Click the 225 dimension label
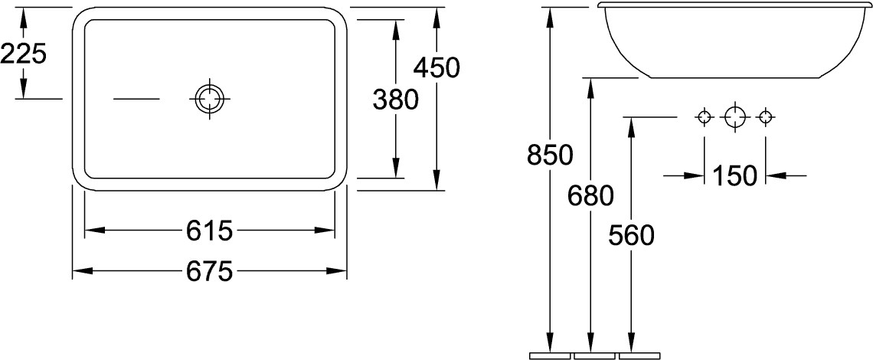tap(23, 54)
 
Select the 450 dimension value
tap(436, 67)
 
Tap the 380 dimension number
tap(394, 100)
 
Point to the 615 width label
tap(209, 231)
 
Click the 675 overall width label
tap(209, 271)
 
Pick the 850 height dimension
tap(550, 155)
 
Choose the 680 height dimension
tap(590, 195)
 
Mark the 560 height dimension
tap(631, 236)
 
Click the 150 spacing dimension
tap(735, 176)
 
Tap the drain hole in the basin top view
tap(209, 99)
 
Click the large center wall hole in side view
tap(735, 117)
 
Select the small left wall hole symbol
tap(705, 117)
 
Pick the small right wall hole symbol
tap(766, 117)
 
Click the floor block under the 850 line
tap(550, 355)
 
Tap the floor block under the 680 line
tap(594, 355)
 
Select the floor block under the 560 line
tap(639, 355)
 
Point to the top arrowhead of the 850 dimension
tap(550, 17)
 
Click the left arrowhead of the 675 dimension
tap(83, 271)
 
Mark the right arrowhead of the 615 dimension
tap(325, 230)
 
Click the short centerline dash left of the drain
tap(136, 99)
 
